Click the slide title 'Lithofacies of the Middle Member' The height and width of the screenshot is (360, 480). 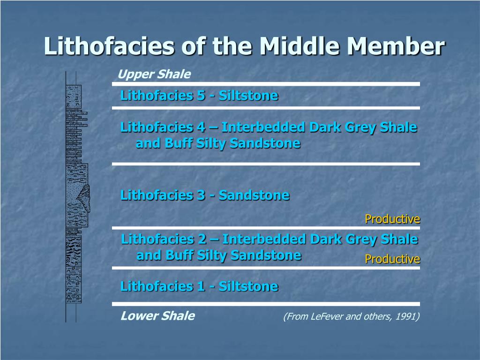(244, 46)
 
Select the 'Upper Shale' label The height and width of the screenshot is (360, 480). (154, 74)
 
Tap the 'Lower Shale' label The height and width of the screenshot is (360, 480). (157, 316)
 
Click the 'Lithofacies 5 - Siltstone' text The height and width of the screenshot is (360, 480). (199, 96)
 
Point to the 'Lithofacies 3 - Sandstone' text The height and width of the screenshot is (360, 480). (204, 195)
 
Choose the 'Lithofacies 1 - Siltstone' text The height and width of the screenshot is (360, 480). (199, 286)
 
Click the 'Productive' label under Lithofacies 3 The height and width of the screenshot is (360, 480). (392, 219)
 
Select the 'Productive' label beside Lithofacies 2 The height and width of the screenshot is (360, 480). (392, 259)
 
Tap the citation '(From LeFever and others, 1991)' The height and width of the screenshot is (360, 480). (351, 317)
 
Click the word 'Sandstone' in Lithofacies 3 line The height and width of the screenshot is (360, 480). (254, 195)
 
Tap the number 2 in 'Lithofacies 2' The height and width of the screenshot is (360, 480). (202, 239)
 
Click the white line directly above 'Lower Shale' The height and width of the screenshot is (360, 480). (266, 304)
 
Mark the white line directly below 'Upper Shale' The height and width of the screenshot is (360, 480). (266, 84)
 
